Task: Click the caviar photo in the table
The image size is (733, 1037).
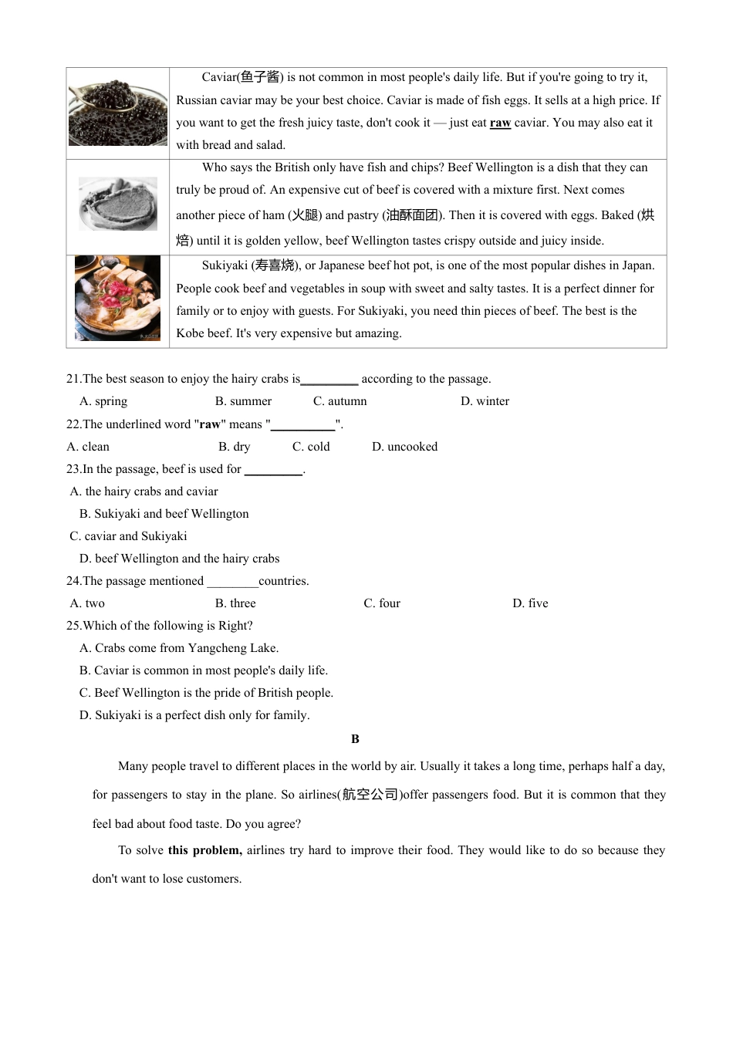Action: (117, 113)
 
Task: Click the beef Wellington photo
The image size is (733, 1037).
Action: (117, 204)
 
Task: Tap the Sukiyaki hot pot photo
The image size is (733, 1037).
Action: (117, 299)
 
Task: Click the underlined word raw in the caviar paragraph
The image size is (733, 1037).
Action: (500, 123)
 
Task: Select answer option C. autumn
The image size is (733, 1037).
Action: (339, 401)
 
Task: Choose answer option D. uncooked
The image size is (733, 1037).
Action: (404, 447)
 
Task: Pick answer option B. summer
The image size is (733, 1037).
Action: (243, 401)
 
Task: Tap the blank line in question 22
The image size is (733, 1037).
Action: (302, 425)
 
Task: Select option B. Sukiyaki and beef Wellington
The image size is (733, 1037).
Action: (164, 514)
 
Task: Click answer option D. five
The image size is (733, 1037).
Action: (530, 603)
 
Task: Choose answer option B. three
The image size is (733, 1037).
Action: (235, 603)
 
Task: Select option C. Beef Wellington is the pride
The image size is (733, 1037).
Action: (206, 693)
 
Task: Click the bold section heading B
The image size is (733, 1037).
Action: (355, 739)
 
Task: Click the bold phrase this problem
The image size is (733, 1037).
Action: (204, 850)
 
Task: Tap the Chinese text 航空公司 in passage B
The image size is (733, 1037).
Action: (370, 795)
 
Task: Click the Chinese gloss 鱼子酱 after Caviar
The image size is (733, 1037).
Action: (260, 77)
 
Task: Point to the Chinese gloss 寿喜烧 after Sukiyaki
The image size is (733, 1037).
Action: (275, 265)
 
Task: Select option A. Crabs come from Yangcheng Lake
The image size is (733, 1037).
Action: (179, 648)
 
